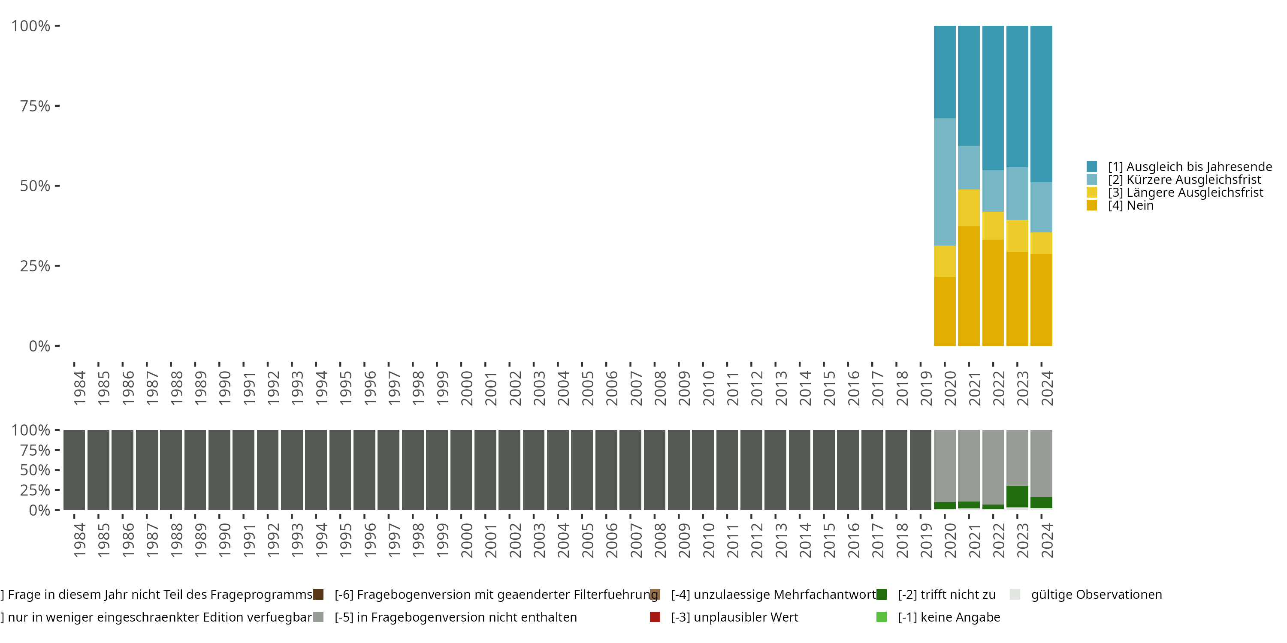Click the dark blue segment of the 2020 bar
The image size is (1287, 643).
[944, 72]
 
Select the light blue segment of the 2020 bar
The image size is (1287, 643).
[944, 182]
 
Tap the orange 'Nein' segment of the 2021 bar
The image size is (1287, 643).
[969, 285]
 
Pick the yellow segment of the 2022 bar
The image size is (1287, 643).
[993, 225]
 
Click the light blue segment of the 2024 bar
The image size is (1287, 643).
[1041, 207]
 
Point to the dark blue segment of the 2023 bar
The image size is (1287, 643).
[1017, 96]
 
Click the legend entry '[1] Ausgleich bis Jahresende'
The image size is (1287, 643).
[1190, 167]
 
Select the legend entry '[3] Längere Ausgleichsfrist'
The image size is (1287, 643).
[1185, 193]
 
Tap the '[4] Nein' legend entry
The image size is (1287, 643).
[1130, 206]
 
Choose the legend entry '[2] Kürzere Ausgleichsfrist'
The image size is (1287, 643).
[1184, 180]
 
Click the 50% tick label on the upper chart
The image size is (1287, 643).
[35, 186]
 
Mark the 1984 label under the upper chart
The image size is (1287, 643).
[79, 388]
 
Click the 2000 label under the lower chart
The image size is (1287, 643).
[466, 540]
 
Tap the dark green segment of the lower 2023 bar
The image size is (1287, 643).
[1017, 496]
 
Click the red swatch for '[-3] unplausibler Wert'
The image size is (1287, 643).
[655, 617]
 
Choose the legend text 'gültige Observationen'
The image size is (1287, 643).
[1096, 595]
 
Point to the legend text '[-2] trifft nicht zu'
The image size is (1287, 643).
[946, 595]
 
